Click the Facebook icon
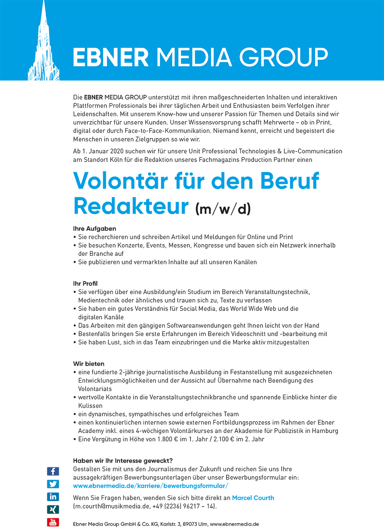point(53,471)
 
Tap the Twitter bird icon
point(53,484)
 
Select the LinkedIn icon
point(53,496)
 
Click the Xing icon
point(53,509)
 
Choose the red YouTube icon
point(53,522)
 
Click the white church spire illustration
point(44,49)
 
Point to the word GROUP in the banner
point(283,57)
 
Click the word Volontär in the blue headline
point(120,181)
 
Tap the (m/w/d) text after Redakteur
point(223,209)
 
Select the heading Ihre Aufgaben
point(94,228)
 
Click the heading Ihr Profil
point(85,283)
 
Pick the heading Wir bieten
point(88,364)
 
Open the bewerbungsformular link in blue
point(150,486)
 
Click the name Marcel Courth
point(253,498)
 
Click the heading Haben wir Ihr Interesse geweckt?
point(123,460)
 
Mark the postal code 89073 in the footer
point(190,524)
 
